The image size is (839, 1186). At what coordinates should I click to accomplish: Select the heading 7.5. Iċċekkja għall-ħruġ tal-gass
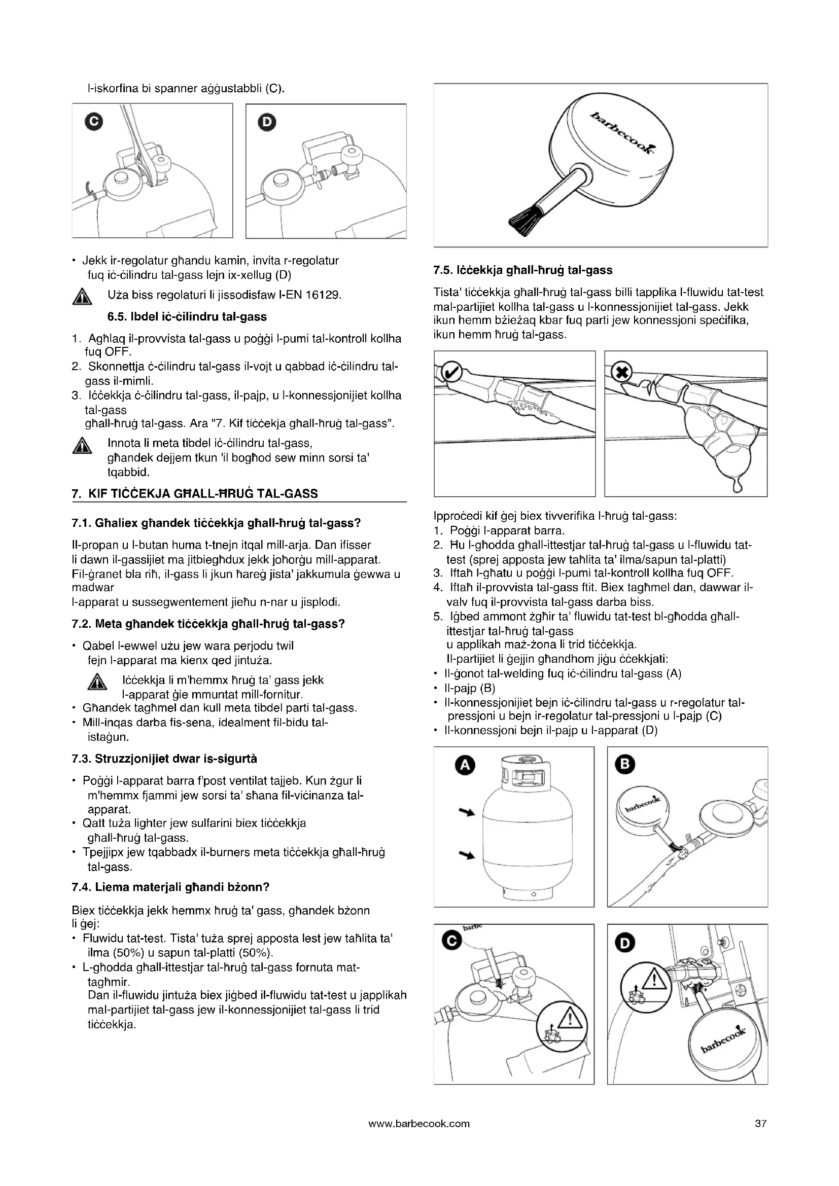coord(523,270)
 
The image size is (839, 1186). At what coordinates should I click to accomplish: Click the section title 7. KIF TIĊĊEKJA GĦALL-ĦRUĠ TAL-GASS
coord(195,494)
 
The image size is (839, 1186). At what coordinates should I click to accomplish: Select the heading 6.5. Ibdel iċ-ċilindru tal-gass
coord(187,316)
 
